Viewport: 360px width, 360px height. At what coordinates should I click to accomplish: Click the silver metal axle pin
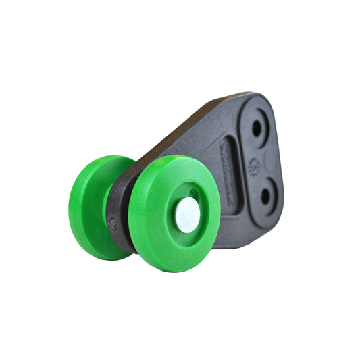pyautogui.click(x=187, y=215)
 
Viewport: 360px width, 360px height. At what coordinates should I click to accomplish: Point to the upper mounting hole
pyautogui.click(x=257, y=127)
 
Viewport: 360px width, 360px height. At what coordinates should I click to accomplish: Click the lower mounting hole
pyautogui.click(x=265, y=197)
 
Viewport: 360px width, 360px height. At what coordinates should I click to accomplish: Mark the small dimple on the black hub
pyautogui.click(x=113, y=224)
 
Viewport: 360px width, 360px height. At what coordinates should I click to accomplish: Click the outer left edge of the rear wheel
pyautogui.click(x=72, y=206)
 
